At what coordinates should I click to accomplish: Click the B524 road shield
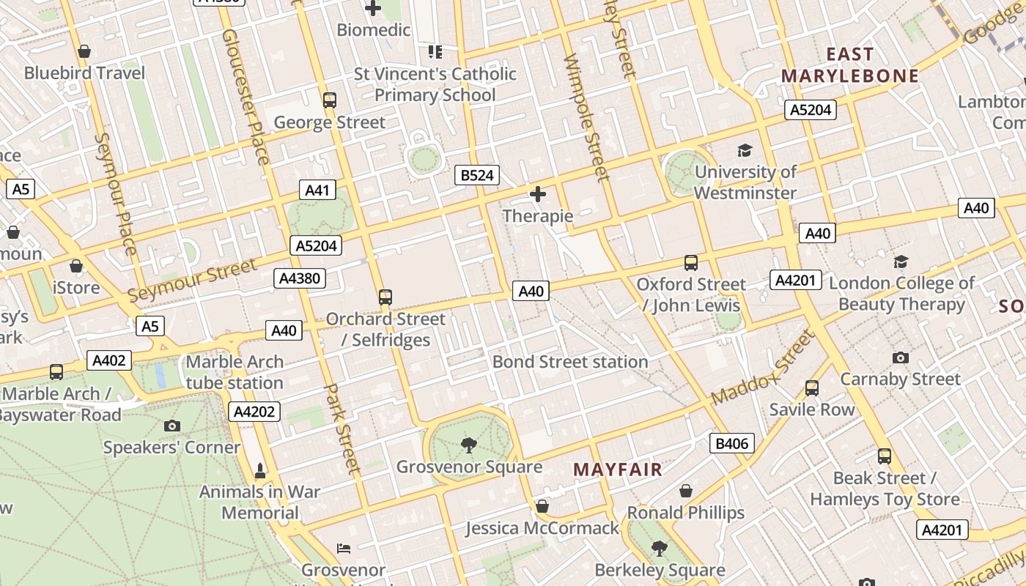coord(477,175)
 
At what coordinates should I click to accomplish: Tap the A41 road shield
coord(317,190)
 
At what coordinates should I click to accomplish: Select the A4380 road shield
coord(299,278)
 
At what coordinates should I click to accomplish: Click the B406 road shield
coord(731,443)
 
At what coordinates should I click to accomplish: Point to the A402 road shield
coord(109,360)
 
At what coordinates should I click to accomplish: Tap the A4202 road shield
coord(254,412)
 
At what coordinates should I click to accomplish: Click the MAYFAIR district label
coord(617,470)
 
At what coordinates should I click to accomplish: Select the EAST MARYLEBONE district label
coord(849,65)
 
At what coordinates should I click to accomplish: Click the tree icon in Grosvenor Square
coord(469,445)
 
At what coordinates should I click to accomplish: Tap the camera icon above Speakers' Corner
coord(172,426)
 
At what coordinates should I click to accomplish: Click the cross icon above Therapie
coord(538,194)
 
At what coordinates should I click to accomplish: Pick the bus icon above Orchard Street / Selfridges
coord(385,297)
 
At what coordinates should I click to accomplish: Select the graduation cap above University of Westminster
coord(745,150)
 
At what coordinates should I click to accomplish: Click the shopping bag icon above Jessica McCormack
coord(542,506)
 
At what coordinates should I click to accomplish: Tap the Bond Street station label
coord(570,362)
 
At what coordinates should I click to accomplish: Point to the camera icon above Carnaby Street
coord(901,357)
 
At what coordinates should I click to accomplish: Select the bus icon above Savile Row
coord(812,388)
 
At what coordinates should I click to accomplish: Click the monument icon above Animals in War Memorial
coord(259,470)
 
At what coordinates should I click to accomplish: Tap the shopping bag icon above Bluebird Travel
coord(84,51)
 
